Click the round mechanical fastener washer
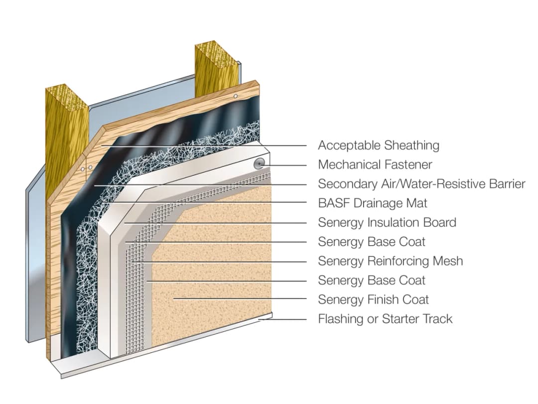(259, 163)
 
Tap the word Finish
(384, 300)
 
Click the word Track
(436, 319)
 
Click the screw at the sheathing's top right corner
(236, 96)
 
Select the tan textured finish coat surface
(214, 269)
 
